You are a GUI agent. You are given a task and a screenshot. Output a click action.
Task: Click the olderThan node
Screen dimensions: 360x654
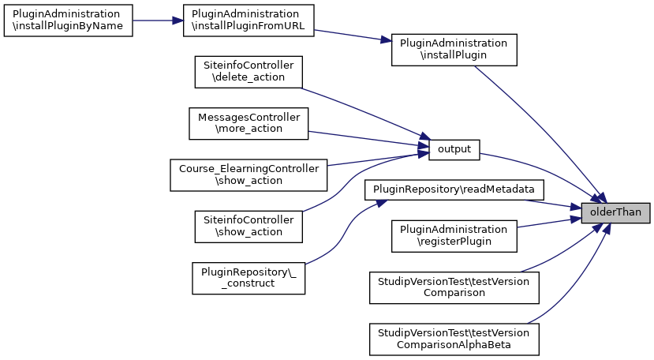(615, 212)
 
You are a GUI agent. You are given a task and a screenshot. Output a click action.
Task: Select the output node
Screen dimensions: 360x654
(454, 148)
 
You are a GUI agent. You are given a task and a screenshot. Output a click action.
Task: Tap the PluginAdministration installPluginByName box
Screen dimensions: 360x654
(67, 21)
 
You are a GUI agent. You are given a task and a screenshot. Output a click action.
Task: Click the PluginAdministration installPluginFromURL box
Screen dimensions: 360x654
(249, 21)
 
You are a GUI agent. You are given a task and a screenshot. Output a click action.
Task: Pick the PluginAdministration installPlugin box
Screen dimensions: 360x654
(454, 50)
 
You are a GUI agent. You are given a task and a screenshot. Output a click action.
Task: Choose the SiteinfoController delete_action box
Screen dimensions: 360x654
(249, 72)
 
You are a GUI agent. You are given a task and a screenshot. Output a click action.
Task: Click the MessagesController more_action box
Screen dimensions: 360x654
(249, 123)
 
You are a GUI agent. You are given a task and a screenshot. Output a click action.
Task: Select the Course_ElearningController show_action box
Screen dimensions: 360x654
(249, 174)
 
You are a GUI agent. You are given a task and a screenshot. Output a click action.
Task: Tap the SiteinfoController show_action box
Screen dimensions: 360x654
(249, 226)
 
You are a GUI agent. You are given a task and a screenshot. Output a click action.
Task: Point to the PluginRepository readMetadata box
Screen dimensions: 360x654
(454, 189)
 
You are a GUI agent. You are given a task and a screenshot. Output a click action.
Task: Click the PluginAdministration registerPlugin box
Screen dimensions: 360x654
(454, 235)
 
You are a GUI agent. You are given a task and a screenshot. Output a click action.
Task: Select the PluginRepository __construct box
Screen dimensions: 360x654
(249, 277)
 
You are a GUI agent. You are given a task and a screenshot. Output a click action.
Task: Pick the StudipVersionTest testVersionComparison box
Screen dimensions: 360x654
(454, 287)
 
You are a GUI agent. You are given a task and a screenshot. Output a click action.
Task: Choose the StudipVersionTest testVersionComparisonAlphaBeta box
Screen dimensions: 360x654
(454, 338)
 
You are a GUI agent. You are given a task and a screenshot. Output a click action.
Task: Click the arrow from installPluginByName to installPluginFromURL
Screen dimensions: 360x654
(157, 21)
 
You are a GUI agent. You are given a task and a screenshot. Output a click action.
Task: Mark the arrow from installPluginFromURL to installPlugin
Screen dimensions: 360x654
(353, 36)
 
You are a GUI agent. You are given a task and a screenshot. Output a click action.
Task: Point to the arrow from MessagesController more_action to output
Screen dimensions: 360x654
(363, 138)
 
